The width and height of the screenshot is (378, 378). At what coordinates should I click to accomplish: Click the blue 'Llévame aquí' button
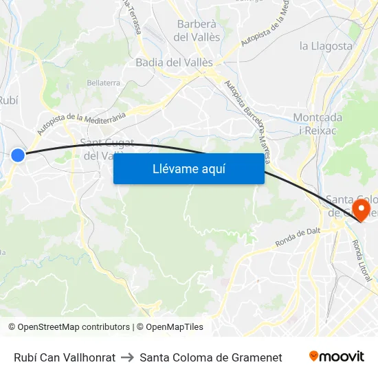[188, 168]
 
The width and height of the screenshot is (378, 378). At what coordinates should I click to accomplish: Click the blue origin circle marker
[18, 155]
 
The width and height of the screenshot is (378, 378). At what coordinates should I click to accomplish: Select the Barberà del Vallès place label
[198, 30]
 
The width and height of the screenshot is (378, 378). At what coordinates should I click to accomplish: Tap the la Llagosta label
[326, 47]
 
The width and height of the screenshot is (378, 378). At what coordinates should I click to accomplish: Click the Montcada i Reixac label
[318, 124]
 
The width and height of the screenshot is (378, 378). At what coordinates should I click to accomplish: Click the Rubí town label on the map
[8, 99]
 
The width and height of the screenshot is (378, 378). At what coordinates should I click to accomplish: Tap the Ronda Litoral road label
[362, 261]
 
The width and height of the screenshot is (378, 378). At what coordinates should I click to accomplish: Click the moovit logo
[337, 357]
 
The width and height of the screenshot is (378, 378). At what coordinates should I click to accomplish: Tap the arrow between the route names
[127, 357]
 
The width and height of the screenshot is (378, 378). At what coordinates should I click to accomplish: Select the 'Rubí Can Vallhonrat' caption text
[65, 357]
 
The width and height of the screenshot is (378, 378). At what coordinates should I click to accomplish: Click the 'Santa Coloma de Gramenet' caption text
[210, 357]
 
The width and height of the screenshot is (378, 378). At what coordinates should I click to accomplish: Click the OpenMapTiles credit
[169, 327]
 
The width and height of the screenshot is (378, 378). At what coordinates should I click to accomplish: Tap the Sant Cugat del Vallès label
[103, 149]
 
